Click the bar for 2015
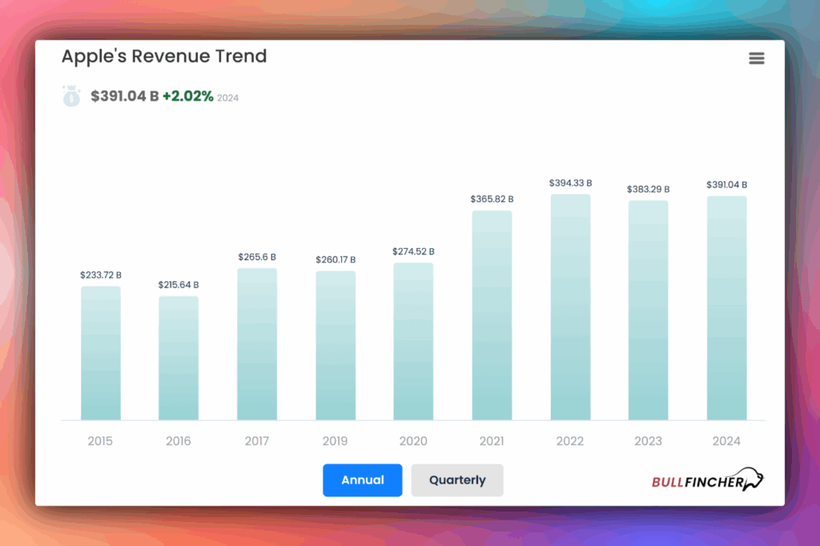point(100,353)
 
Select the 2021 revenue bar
point(492,315)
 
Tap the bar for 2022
point(570,307)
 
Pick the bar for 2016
point(179,358)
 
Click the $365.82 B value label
point(492,199)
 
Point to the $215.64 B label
point(179,284)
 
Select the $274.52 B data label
point(413,251)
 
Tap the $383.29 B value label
point(648,189)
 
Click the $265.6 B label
point(257,257)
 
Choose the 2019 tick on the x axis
point(336,441)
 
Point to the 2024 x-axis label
point(726,441)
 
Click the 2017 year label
point(257,441)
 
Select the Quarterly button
point(457,480)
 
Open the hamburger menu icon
point(756,58)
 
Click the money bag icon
point(71,96)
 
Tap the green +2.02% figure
point(187,96)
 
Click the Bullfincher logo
point(708,481)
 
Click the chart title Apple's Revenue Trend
point(164,56)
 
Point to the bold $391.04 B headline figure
point(124,96)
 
